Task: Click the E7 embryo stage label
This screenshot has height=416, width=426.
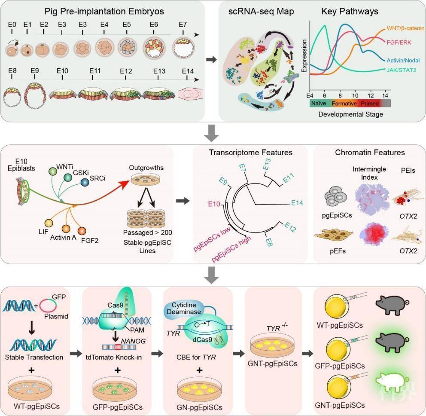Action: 183,24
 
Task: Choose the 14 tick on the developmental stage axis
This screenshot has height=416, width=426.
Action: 386,95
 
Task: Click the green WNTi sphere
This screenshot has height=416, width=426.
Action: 54,171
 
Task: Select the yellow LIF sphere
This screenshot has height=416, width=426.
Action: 48,223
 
